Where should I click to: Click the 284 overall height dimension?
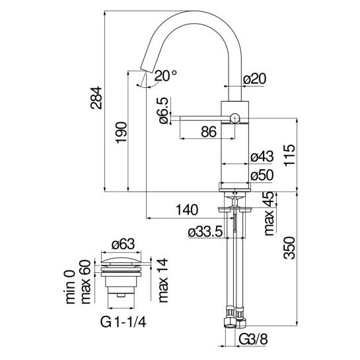pyautogui.click(x=96, y=98)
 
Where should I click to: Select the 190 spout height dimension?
pyautogui.click(x=122, y=133)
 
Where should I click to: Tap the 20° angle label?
pyautogui.click(x=166, y=76)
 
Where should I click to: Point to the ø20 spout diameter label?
pyautogui.click(x=254, y=79)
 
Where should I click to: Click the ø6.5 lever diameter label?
pyautogui.click(x=164, y=111)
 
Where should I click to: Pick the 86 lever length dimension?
pyautogui.click(x=209, y=132)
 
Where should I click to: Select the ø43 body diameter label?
pyautogui.click(x=262, y=157)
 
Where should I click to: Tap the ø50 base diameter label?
pyautogui.click(x=262, y=176)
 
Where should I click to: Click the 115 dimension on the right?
pyautogui.click(x=289, y=155)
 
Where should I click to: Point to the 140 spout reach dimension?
pyautogui.click(x=187, y=209)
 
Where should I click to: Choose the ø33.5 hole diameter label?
pyautogui.click(x=205, y=232)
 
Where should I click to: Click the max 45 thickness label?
pyautogui.click(x=269, y=213)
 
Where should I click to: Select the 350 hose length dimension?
pyautogui.click(x=289, y=248)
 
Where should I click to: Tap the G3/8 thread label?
pyautogui.click(x=253, y=339)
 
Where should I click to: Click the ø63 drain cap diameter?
pyautogui.click(x=123, y=244)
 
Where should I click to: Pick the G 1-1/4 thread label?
pyautogui.click(x=123, y=322)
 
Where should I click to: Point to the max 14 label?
pyautogui.click(x=163, y=280)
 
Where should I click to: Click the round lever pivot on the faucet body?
pyautogui.click(x=234, y=118)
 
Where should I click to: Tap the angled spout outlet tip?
pyautogui.click(x=146, y=71)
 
